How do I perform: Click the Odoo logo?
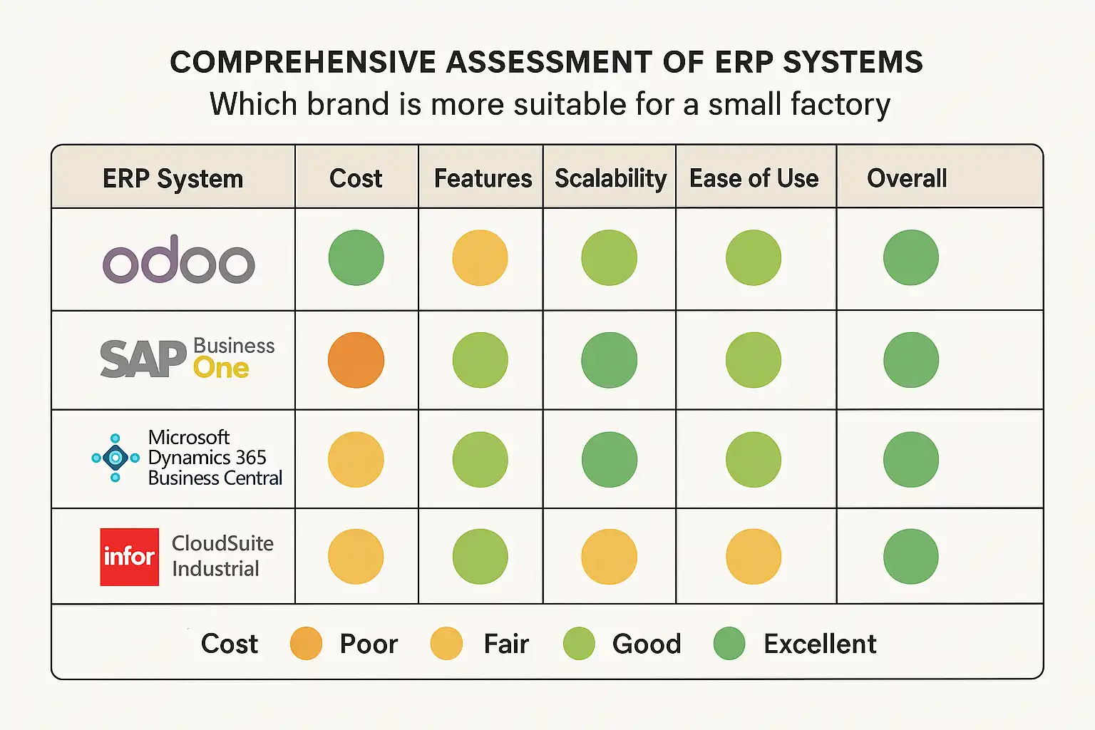tap(179, 261)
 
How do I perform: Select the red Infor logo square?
tap(129, 557)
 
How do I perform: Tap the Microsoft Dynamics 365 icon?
tap(115, 458)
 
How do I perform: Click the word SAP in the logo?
tap(143, 359)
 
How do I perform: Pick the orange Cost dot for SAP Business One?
tap(356, 360)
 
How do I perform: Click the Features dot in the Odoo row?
tap(480, 257)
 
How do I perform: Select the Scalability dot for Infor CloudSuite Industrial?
tap(609, 557)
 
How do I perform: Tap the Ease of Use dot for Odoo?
tap(753, 257)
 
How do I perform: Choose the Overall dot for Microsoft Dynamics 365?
tap(910, 459)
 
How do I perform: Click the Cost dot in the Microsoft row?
tap(356, 459)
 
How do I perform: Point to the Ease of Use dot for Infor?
tap(753, 557)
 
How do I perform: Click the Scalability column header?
tap(610, 178)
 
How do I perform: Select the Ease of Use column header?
tap(754, 178)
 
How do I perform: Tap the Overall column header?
tap(907, 178)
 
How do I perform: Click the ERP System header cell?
tap(173, 178)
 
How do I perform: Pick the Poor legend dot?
tap(306, 644)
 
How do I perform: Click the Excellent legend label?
tap(820, 644)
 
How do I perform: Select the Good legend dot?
tap(579, 644)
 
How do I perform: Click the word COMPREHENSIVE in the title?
tap(302, 63)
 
